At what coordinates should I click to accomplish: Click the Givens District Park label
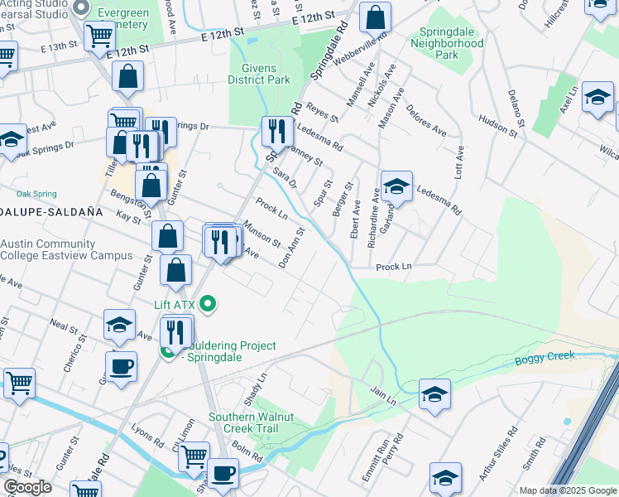point(266,74)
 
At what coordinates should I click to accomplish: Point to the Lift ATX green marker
point(209,305)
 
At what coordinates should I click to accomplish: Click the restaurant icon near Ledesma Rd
point(275,131)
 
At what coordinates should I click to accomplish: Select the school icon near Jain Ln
point(434,394)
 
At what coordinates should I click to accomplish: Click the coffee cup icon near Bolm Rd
point(222,473)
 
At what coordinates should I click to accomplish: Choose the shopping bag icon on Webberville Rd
point(376,17)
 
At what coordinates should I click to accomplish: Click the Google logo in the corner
point(27,487)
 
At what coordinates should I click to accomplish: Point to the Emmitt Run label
point(381,464)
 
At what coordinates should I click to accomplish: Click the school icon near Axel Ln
point(597,97)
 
